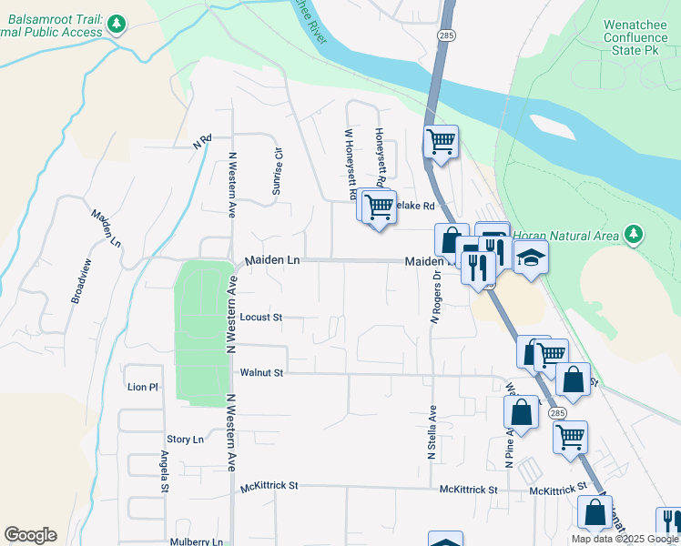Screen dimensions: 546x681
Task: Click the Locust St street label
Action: pos(261,318)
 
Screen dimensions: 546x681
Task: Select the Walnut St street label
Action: pos(262,372)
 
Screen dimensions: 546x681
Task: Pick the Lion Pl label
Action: pos(143,387)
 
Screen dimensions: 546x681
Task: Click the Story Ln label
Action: pos(185,439)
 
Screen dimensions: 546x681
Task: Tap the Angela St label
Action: pos(165,470)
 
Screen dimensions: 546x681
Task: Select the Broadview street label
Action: pos(80,281)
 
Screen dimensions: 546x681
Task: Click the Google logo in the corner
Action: pos(30,534)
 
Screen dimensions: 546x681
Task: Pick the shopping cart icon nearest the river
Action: pos(442,142)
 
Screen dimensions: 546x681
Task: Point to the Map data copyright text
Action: pos(625,539)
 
